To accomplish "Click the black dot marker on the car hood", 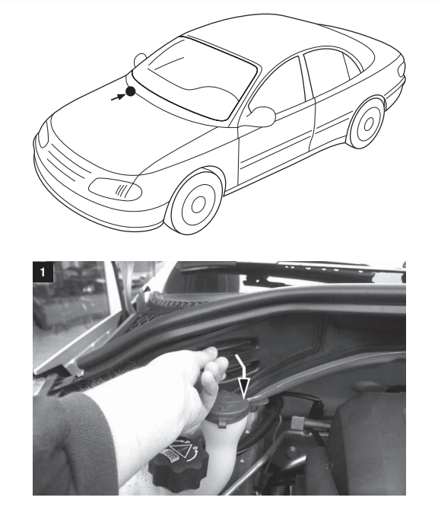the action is coord(130,92).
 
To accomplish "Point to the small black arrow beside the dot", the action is coord(118,97).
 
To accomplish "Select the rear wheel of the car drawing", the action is coord(367,123).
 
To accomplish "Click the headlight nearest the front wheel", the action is coord(116,189).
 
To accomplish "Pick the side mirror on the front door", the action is coord(262,116).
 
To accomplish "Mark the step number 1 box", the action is coord(43,272).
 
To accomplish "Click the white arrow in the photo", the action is coord(243,375).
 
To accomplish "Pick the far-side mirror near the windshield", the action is coord(140,60).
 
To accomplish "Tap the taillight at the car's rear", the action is coord(401,69).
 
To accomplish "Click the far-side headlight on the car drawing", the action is coord(43,134).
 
